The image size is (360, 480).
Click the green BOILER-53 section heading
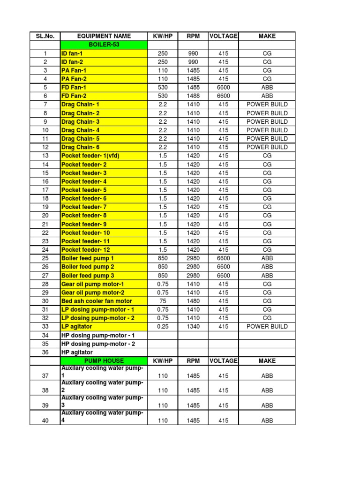pos(104,45)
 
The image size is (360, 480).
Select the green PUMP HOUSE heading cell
pos(104,361)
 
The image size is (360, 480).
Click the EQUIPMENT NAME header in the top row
pos(104,36)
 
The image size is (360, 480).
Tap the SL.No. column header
pos(45,36)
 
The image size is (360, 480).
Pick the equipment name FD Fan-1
pos(74,88)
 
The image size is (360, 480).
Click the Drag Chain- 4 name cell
pos(80,130)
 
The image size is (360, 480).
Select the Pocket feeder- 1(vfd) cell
pos(90,156)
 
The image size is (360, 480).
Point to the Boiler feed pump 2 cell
pos(88,267)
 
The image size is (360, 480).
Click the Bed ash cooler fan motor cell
pos(97,301)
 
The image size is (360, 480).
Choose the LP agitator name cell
pos(76,326)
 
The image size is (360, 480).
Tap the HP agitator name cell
pos(77,352)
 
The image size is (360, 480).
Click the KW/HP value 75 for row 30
pos(163,301)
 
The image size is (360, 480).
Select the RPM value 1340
pos(193,326)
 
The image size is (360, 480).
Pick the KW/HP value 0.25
pos(163,326)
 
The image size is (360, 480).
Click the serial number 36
pos(45,352)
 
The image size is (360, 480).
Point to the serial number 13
pos(45,156)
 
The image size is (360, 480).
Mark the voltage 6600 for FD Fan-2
pos(224,96)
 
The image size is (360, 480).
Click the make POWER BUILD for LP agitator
pos(267,326)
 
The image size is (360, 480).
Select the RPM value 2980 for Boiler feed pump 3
pos(193,276)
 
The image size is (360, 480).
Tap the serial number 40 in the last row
pos(45,420)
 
